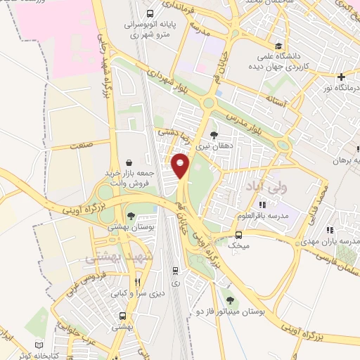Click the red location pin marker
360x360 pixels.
click(x=181, y=165)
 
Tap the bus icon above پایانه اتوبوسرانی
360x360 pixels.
click(x=150, y=13)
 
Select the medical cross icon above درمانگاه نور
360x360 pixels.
click(x=341, y=76)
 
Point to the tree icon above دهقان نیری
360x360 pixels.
click(x=214, y=136)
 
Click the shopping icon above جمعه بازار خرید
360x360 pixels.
click(x=129, y=161)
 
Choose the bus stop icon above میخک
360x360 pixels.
click(x=239, y=235)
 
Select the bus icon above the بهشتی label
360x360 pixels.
click(x=123, y=316)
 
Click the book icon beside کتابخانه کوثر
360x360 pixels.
click(x=39, y=346)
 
